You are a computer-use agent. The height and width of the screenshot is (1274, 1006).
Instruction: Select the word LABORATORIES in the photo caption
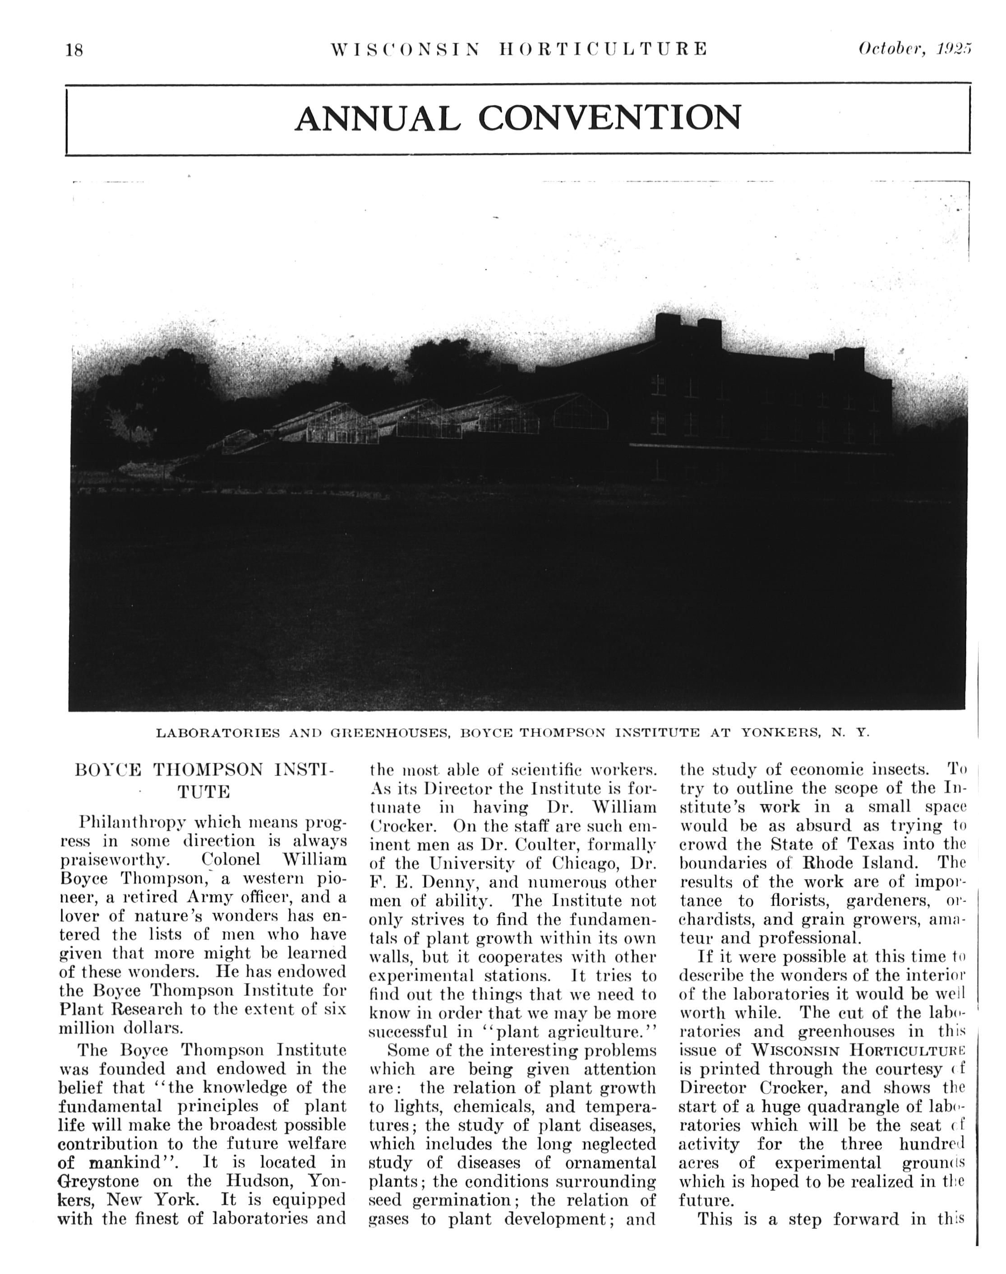tap(218, 733)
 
